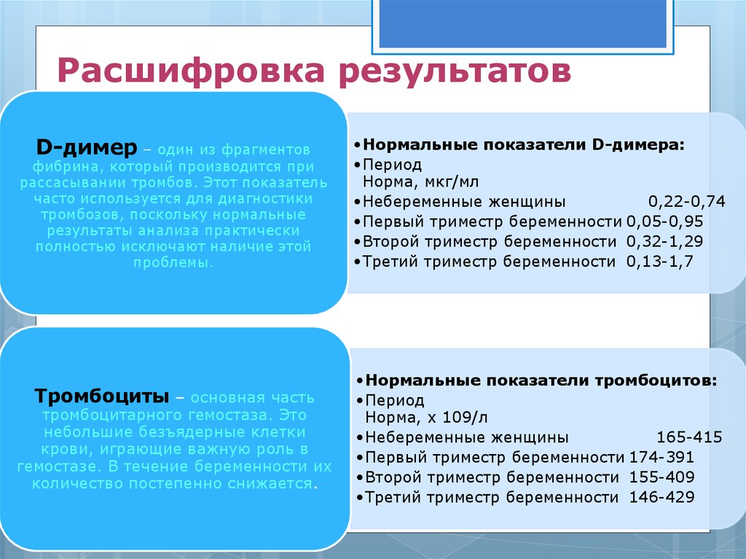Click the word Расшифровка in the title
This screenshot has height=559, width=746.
(x=191, y=71)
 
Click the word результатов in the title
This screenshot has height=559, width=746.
(x=455, y=71)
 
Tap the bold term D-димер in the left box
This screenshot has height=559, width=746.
(x=87, y=148)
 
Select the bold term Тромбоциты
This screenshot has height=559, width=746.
(x=102, y=396)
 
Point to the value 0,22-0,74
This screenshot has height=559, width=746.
(x=686, y=202)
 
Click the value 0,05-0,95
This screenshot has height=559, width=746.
(x=664, y=222)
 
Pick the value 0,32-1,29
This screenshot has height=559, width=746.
(x=664, y=241)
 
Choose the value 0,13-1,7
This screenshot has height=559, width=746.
(x=659, y=262)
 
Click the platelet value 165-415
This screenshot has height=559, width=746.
(x=689, y=437)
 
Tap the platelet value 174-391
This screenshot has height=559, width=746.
(x=661, y=457)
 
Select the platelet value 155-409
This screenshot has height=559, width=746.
(x=661, y=477)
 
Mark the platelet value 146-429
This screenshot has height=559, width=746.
(x=661, y=497)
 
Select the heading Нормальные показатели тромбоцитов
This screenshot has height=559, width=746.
(x=541, y=380)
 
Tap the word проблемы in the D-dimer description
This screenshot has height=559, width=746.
(x=173, y=263)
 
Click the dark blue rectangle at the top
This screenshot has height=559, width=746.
(x=522, y=23)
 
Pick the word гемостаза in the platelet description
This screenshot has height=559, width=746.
(x=230, y=415)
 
